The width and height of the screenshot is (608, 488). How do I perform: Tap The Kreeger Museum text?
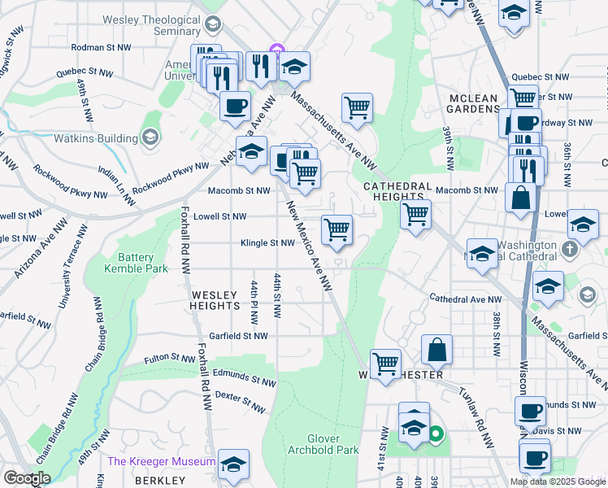pos(161,461)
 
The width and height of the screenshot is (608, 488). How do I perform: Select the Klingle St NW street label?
pos(267,243)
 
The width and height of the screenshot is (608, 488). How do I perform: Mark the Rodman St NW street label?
pos(102,48)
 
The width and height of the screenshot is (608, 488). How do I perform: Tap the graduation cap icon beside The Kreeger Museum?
pos(234,463)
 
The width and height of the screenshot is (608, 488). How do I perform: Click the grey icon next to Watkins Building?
pos(150,137)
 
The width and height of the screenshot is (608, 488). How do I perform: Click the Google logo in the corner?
pos(27,477)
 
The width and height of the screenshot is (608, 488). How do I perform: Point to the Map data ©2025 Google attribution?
pos(558,481)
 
